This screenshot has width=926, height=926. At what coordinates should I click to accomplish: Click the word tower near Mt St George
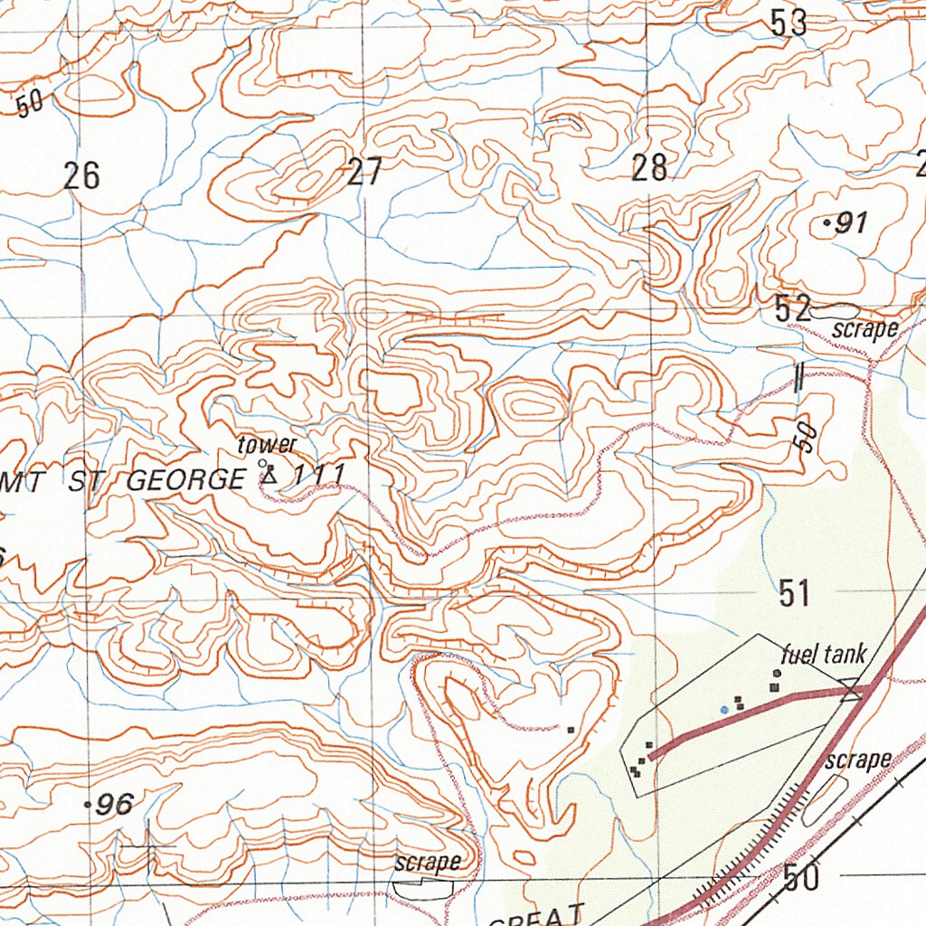267,445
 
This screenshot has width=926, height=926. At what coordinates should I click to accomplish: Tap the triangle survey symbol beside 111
269,475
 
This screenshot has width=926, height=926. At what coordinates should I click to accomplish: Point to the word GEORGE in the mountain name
184,481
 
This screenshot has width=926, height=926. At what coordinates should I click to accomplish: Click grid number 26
81,176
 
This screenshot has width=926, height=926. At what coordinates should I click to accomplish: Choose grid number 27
364,172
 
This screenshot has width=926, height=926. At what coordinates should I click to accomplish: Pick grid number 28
649,168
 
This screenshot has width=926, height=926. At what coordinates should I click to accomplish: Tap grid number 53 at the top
789,24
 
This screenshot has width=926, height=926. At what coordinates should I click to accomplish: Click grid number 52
792,309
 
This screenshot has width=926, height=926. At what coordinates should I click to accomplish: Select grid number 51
793,594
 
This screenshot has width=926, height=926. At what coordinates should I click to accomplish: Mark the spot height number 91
851,223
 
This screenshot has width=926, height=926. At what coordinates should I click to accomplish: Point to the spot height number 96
116,803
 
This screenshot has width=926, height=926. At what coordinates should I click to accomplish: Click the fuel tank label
824,654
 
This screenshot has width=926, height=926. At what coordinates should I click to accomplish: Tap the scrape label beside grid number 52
865,329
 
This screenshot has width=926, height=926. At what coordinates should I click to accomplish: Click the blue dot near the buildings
724,711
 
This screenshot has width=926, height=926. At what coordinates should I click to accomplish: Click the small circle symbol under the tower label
262,463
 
